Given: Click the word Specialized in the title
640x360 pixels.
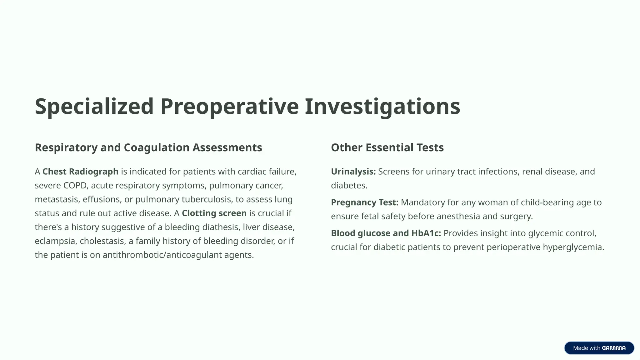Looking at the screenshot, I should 94,107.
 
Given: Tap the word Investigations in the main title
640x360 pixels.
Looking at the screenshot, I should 382,107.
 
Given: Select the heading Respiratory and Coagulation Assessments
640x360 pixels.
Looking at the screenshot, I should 148,147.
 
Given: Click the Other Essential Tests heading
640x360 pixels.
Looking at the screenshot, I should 387,147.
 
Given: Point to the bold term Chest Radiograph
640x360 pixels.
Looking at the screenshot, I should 80,172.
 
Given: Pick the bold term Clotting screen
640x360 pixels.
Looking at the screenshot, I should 214,213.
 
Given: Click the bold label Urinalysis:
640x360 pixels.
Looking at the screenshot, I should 353,172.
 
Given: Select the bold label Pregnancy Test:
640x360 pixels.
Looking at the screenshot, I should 364,202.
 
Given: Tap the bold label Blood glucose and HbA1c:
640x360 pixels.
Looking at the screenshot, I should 386,233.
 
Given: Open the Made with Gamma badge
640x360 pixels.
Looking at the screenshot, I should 599,348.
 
